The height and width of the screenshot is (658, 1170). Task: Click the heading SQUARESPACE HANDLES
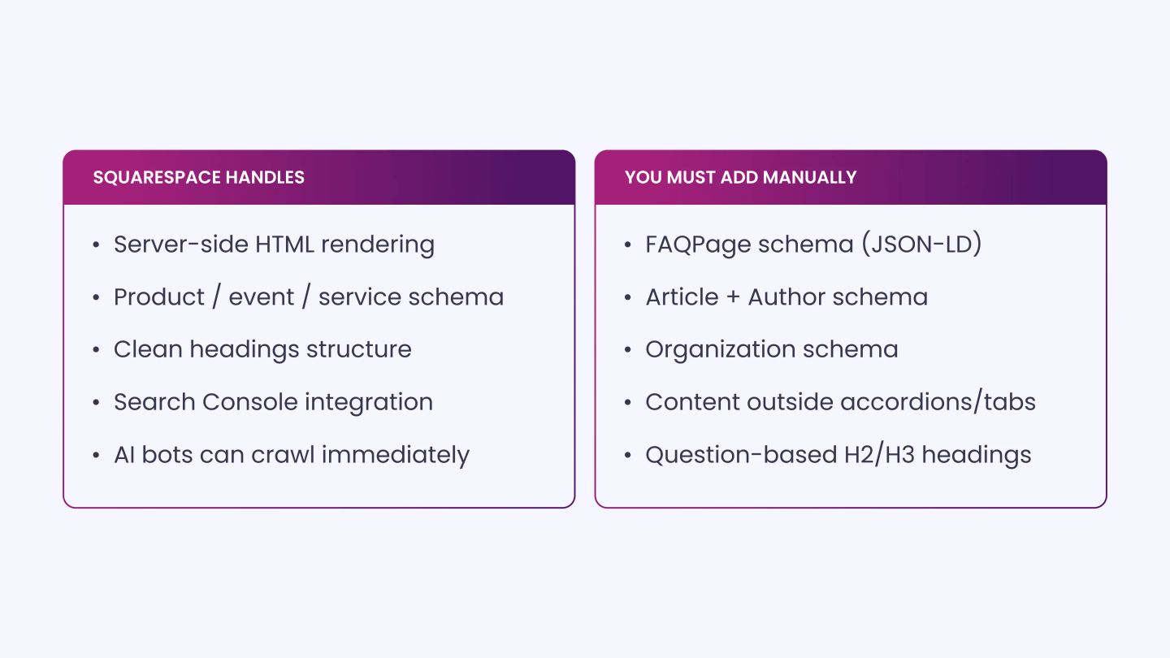(x=198, y=178)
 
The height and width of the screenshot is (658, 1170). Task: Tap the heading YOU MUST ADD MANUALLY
(x=741, y=178)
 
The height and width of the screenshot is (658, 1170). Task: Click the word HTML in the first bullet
(x=284, y=245)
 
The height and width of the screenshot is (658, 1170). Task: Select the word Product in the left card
(x=158, y=297)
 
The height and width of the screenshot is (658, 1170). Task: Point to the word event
(x=261, y=298)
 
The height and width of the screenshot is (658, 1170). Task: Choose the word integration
(x=369, y=403)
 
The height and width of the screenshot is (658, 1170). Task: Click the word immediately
(x=396, y=456)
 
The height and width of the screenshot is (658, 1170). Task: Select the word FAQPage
(x=698, y=245)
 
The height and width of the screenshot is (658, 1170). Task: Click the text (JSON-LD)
(x=921, y=245)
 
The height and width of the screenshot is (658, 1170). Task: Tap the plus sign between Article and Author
(x=733, y=297)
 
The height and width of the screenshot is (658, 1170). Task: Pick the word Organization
(x=720, y=350)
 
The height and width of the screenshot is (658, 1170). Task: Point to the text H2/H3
(x=879, y=454)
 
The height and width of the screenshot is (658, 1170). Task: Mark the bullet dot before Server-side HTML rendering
(x=96, y=245)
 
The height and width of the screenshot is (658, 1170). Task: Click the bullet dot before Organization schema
(x=628, y=350)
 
